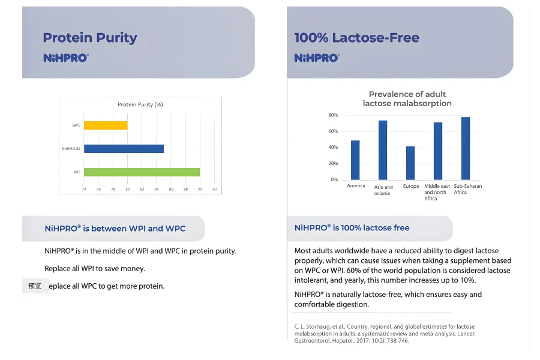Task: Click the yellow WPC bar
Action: [x=106, y=125]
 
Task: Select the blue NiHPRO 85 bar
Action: [x=124, y=148]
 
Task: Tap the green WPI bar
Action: [x=142, y=172]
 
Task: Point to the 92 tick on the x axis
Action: [x=214, y=190]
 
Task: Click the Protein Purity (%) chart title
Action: [x=140, y=104]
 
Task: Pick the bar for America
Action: [x=355, y=160]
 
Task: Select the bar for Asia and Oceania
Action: [x=383, y=150]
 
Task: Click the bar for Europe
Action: [x=410, y=163]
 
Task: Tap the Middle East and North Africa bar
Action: [x=438, y=151]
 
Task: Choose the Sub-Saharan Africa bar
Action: [x=466, y=148]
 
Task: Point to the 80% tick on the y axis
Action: [x=333, y=115]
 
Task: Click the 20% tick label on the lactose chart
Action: [x=333, y=164]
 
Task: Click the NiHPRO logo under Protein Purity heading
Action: [x=66, y=58]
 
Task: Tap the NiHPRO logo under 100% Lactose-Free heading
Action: [x=317, y=58]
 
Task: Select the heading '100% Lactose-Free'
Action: [x=356, y=38]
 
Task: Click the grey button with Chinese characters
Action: [x=35, y=286]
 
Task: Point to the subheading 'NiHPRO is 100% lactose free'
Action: [x=352, y=228]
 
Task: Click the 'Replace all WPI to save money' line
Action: [x=95, y=268]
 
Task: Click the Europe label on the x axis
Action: [x=411, y=187]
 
